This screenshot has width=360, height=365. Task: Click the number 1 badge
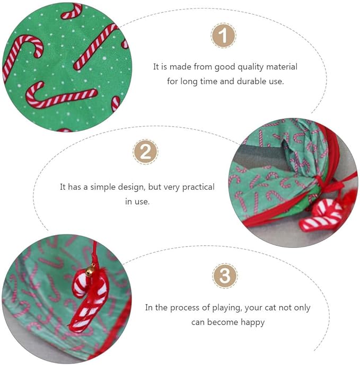point(224,36)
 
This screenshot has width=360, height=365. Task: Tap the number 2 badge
point(145,153)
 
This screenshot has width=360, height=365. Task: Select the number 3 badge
point(225,276)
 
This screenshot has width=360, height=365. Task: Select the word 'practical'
point(197,187)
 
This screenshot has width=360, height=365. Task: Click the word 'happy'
point(252,322)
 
